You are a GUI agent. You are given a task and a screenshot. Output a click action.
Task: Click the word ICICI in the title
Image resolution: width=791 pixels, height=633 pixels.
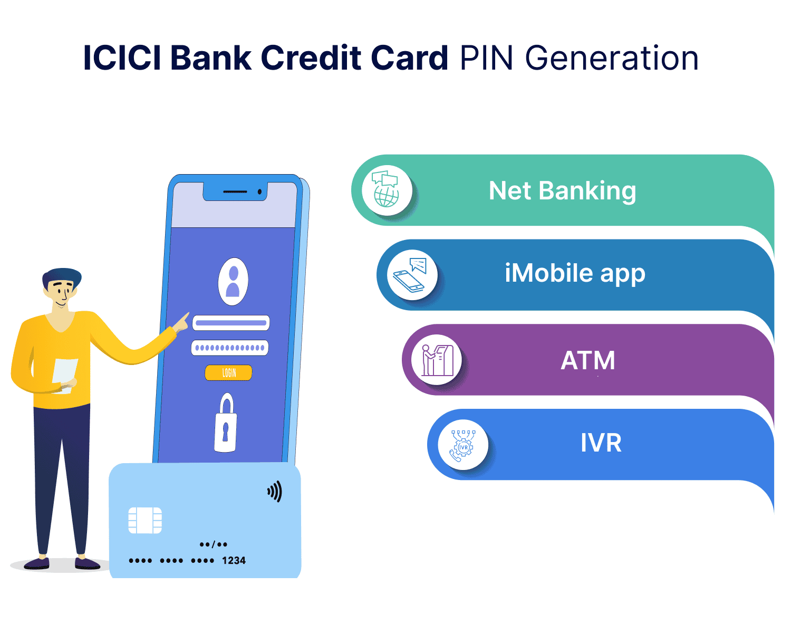[122, 57]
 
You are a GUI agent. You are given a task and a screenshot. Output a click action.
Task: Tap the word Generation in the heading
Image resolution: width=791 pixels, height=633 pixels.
[612, 57]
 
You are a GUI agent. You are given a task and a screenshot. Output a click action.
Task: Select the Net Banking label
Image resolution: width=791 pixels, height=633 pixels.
[562, 191]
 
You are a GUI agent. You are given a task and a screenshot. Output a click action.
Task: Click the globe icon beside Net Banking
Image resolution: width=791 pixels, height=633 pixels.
[385, 190]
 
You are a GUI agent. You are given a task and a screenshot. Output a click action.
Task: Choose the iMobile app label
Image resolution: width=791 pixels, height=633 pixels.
[575, 274]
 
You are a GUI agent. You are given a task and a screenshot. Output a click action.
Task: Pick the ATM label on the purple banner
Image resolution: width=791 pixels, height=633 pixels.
[588, 360]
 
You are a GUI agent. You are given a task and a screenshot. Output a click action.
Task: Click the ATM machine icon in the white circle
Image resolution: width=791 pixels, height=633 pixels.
[437, 360]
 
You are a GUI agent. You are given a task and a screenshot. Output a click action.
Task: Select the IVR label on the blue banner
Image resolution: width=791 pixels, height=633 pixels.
[601, 443]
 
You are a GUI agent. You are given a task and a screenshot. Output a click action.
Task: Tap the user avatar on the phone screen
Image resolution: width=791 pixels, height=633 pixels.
[233, 282]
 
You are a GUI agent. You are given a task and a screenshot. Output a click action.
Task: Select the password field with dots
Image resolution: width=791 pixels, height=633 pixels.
[230, 348]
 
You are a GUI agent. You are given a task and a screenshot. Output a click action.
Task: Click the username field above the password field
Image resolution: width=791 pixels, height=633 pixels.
[231, 323]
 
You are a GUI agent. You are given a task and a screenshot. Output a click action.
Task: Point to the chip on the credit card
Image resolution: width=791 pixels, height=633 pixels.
[145, 521]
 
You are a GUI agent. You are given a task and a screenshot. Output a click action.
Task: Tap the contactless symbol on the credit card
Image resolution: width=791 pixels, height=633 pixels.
[275, 492]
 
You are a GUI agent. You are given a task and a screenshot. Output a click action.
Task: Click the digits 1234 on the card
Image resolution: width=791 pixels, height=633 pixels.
[234, 561]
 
